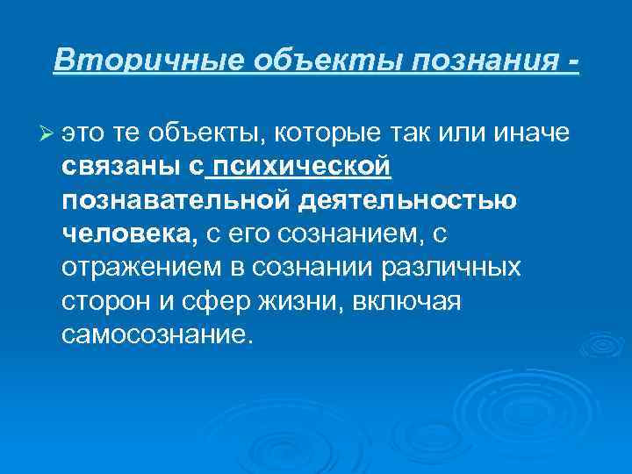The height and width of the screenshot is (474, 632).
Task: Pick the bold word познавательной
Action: point(176,200)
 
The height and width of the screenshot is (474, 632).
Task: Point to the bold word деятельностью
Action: point(407,200)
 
